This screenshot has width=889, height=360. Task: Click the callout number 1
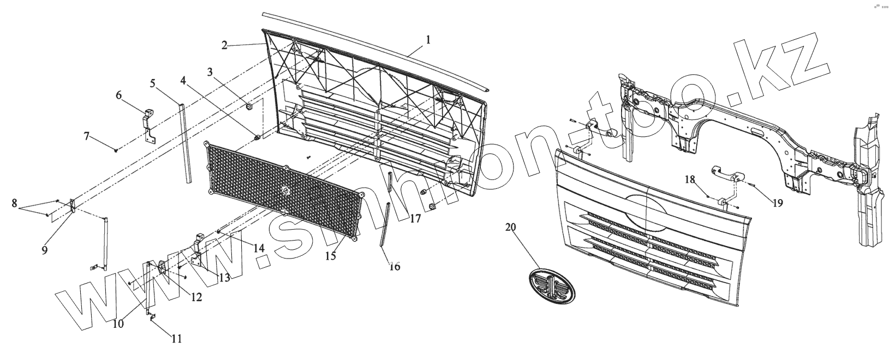[x=428, y=39]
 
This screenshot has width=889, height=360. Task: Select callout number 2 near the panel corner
[x=224, y=45]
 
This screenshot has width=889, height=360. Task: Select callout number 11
[x=175, y=339]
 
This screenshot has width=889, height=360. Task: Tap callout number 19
[x=778, y=203]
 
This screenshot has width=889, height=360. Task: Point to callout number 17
[x=415, y=219]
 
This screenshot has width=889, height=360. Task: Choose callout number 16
[x=395, y=266]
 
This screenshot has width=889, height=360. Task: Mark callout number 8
[x=14, y=203]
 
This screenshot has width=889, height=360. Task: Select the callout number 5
[x=153, y=83]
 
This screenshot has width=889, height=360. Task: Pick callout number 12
[x=195, y=297]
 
